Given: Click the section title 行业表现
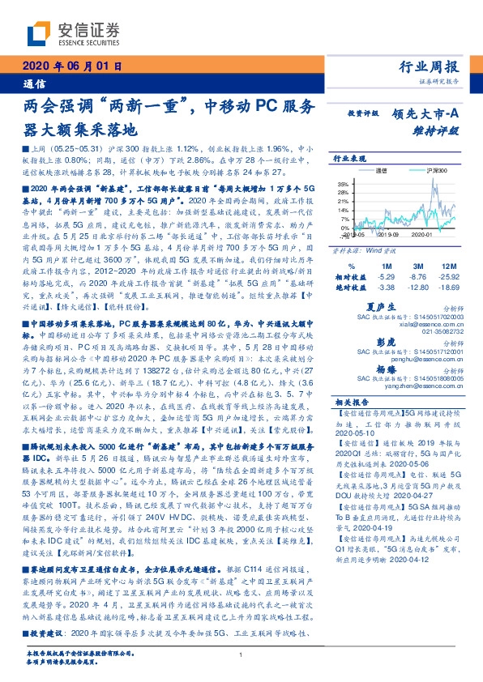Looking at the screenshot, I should coord(350,160).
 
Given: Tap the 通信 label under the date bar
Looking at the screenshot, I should coord(33,83).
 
